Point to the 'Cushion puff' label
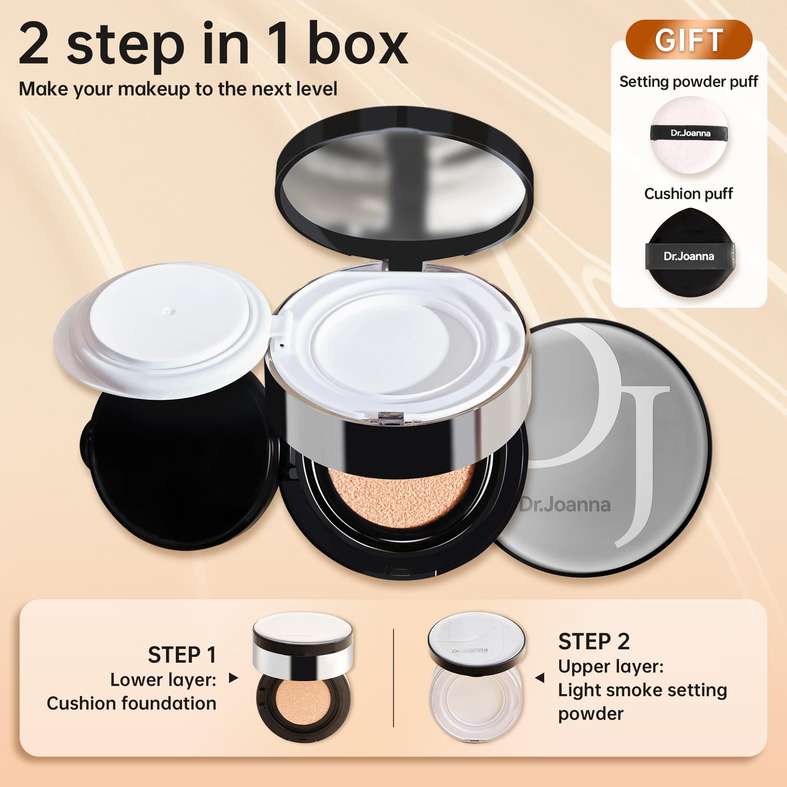click(688, 194)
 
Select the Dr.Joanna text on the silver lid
click(565, 505)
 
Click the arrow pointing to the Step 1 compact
click(233, 678)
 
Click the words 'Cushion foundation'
click(131, 704)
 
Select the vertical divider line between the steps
click(393, 678)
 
